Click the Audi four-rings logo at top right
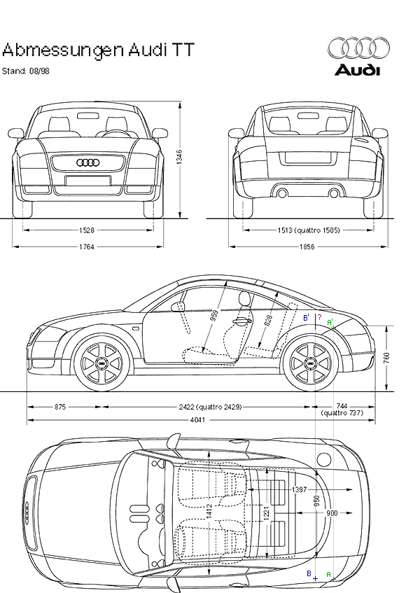point(358,48)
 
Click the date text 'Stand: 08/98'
point(26,71)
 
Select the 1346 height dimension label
point(179,157)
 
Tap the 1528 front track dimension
point(87,230)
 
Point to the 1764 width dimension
point(87,247)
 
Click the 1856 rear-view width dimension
point(307,247)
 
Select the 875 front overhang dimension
point(60,407)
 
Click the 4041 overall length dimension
point(197,420)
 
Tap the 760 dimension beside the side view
point(386,358)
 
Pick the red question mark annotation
point(319,317)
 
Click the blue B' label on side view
point(306,318)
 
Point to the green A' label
point(330,322)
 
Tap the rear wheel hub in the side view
point(311,363)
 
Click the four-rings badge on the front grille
point(88,162)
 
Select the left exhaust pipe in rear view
point(282,194)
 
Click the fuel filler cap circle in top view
point(323,459)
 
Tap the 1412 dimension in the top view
point(209,511)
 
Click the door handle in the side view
point(242,321)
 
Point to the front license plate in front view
point(88,181)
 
